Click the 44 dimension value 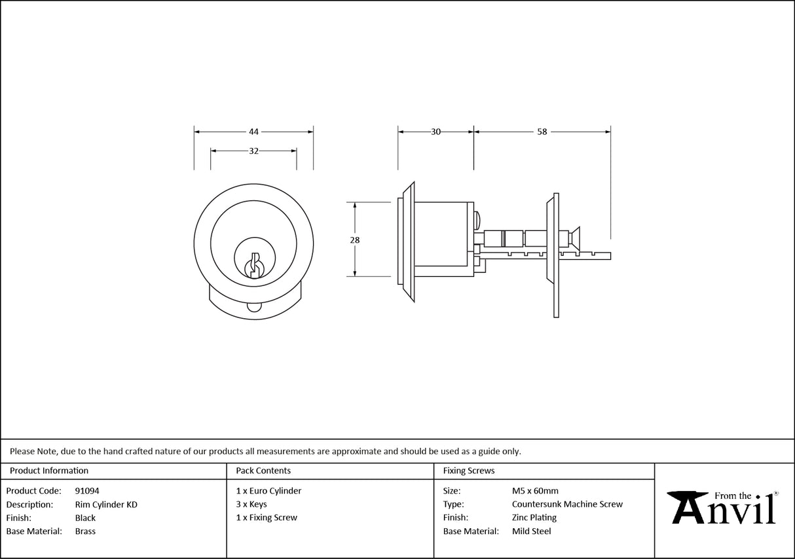[x=253, y=132]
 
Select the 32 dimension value [x=253, y=151]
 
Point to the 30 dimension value [x=435, y=132]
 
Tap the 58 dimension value [x=542, y=132]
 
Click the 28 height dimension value [x=355, y=240]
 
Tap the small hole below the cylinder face [x=253, y=308]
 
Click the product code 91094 [x=87, y=490]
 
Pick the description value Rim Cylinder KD [x=106, y=504]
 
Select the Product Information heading [x=49, y=471]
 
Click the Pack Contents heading [x=263, y=471]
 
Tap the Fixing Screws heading [x=469, y=471]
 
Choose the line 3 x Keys [x=251, y=504]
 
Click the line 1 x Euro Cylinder [x=268, y=490]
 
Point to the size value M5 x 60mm [x=535, y=490]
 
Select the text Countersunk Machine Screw [x=567, y=504]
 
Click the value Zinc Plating [x=534, y=518]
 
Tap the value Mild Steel [x=531, y=532]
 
